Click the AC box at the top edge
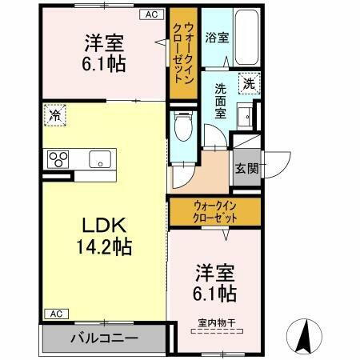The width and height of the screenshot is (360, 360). click(150, 14)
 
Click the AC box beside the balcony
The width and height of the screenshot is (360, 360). click(55, 313)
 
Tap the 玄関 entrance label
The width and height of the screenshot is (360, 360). click(246, 168)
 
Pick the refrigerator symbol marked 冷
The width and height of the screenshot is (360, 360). click(54, 115)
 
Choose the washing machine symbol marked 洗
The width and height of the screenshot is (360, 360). click(249, 83)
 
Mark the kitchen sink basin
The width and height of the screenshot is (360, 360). click(99, 158)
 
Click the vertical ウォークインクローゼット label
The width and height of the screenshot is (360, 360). click(182, 53)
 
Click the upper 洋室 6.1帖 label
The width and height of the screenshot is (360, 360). click(104, 53)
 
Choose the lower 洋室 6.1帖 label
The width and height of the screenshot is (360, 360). click(213, 283)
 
